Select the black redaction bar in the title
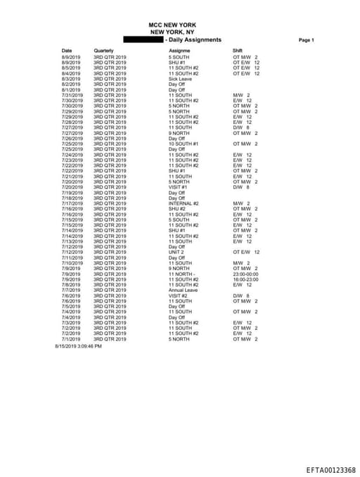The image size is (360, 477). tap(144, 39)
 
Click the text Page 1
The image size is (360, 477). tap(306, 40)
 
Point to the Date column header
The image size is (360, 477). tap(67, 51)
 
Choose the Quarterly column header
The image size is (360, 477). tap(103, 51)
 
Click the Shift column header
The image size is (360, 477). tap(238, 51)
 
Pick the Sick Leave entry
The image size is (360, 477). tap(180, 79)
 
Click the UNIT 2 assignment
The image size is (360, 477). tap(176, 252)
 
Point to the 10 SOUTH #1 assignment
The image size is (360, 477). tap(184, 144)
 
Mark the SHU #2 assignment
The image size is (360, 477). tap(176, 209)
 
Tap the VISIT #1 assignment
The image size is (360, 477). tap(178, 187)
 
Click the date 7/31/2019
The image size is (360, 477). tap(72, 95)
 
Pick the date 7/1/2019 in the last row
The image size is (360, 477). tap(71, 339)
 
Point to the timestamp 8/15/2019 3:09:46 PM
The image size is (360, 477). tap(78, 346)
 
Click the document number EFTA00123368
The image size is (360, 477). tap(330, 470)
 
